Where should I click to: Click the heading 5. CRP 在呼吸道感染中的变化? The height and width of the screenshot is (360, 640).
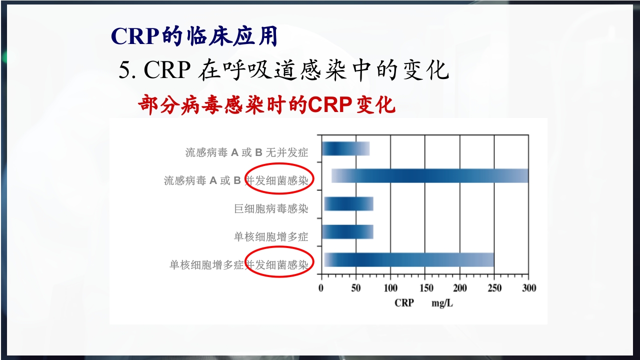click(x=283, y=70)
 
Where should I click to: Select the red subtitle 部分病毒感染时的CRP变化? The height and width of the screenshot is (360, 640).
click(x=266, y=105)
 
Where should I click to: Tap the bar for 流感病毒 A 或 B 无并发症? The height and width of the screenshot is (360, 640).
click(x=345, y=149)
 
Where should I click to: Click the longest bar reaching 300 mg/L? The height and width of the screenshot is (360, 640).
click(x=429, y=176)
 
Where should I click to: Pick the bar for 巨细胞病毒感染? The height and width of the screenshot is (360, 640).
click(x=348, y=204)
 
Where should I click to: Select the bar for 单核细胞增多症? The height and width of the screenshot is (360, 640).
click(x=347, y=232)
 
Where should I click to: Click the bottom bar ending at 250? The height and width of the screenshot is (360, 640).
click(x=408, y=260)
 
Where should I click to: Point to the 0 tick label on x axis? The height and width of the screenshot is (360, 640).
click(x=321, y=288)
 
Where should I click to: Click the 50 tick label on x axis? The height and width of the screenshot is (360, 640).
click(x=355, y=288)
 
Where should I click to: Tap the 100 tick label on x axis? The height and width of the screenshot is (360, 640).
click(x=390, y=288)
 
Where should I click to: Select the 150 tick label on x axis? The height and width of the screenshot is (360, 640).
click(x=425, y=288)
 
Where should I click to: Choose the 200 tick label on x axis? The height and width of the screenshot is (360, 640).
click(x=459, y=288)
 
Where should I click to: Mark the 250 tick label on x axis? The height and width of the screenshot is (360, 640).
click(x=494, y=288)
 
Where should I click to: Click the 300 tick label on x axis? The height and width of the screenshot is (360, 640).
click(x=528, y=288)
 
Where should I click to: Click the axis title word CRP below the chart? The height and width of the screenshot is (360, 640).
click(x=404, y=303)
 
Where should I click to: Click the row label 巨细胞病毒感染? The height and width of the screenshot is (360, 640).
click(x=271, y=209)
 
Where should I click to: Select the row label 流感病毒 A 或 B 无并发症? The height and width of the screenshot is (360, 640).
click(x=246, y=152)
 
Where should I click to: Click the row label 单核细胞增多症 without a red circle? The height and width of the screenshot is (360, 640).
click(x=271, y=236)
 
